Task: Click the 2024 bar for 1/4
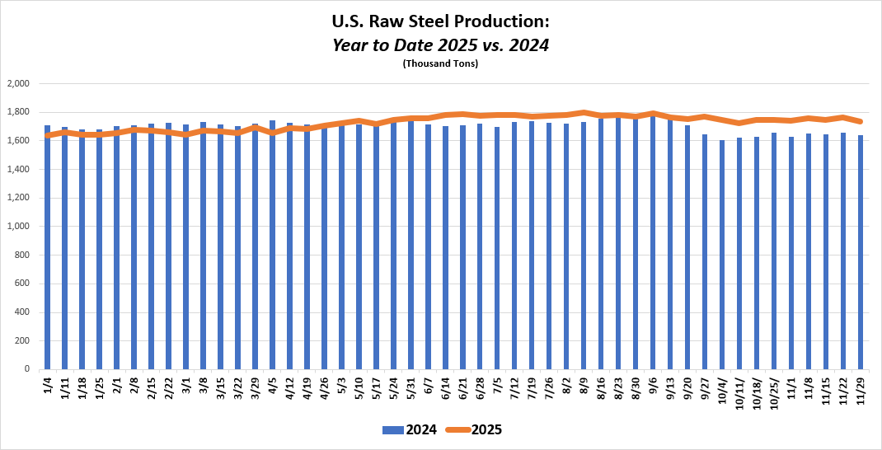pyautogui.click(x=47, y=247)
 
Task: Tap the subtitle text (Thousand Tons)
pyautogui.click(x=440, y=63)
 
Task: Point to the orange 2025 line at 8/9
pyautogui.click(x=584, y=113)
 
